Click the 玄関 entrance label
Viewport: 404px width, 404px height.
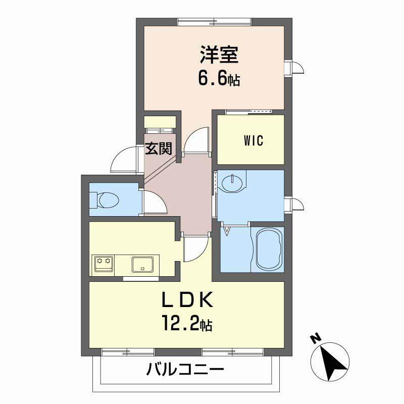coord(159,148)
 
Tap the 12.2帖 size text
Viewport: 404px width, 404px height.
coord(186,323)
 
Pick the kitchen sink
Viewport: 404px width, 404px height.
coord(143,264)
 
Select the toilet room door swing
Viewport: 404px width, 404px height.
coord(155,203)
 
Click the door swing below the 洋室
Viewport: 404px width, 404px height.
coord(195,139)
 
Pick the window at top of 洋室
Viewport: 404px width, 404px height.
coord(215,21)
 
